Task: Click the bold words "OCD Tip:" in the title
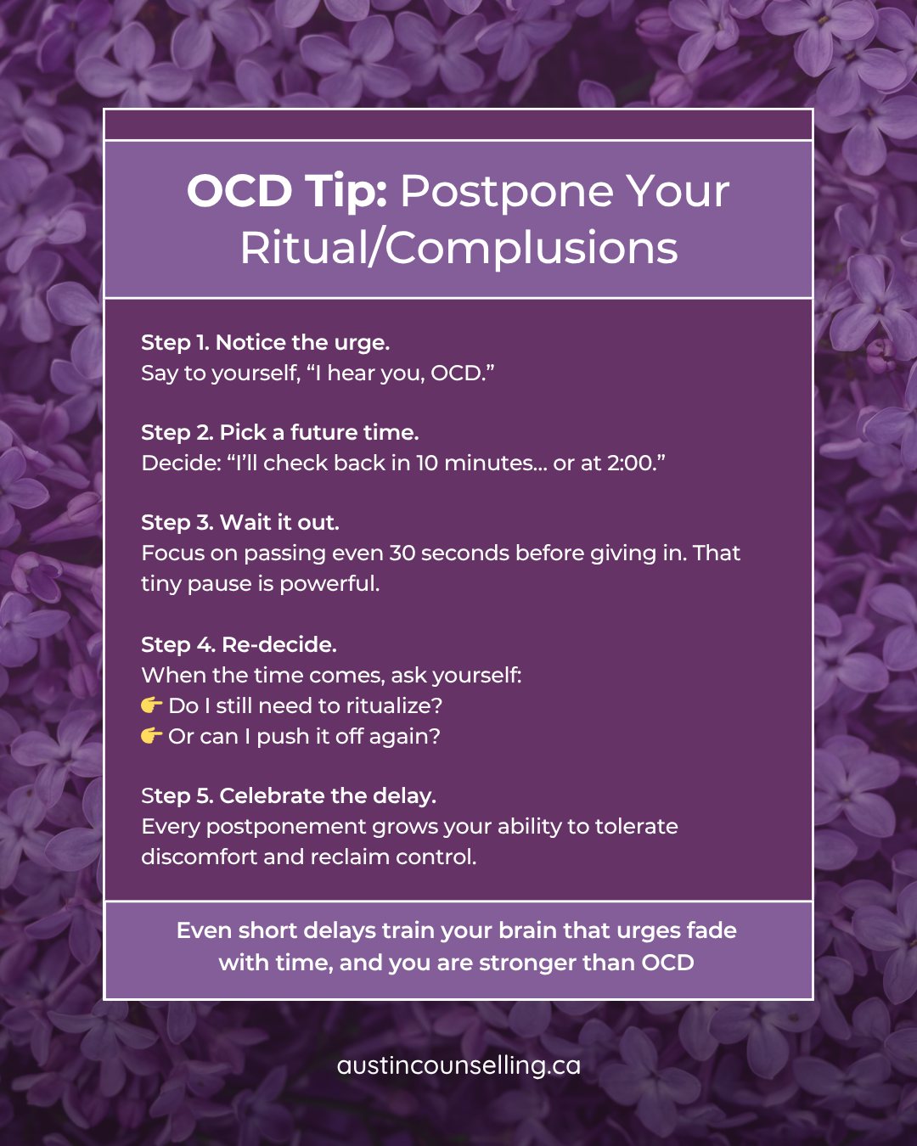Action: pyautogui.click(x=287, y=192)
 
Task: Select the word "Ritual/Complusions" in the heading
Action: pyautogui.click(x=458, y=249)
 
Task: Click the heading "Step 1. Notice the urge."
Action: pyautogui.click(x=265, y=343)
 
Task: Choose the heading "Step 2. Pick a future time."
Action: pyautogui.click(x=279, y=433)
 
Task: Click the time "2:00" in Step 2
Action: pyautogui.click(x=630, y=463)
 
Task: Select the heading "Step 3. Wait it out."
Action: pyautogui.click(x=239, y=523)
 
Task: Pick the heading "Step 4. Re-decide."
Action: pyautogui.click(x=239, y=645)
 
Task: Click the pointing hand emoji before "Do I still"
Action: pyautogui.click(x=151, y=705)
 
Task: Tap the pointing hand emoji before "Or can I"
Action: pyautogui.click(x=151, y=736)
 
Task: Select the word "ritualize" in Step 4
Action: pyautogui.click(x=390, y=706)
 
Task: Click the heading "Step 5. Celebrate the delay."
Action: pyautogui.click(x=288, y=796)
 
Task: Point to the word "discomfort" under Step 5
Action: pyautogui.click(x=200, y=857)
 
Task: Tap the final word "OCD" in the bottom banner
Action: pyautogui.click(x=667, y=963)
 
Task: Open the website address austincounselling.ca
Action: pyautogui.click(x=458, y=1066)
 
